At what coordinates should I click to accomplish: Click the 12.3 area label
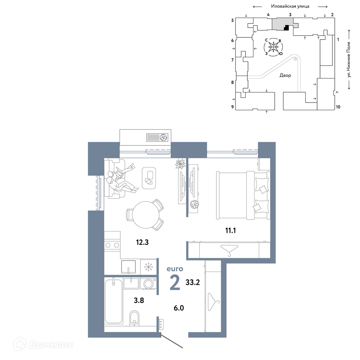point(142,242)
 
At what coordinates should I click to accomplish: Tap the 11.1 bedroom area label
point(230,230)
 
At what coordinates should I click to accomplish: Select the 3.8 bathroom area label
point(139,300)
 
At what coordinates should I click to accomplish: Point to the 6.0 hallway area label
point(179,308)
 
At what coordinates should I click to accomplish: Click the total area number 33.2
point(193,282)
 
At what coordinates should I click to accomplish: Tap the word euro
point(175,269)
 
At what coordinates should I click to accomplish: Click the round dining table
point(146,215)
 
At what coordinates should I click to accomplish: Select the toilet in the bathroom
point(134,318)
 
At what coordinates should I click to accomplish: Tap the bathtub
point(114,301)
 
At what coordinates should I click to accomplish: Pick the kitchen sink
point(129,267)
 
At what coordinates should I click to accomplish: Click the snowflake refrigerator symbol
point(149,267)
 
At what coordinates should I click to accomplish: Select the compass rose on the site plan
point(273,47)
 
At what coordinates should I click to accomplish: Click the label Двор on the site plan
point(285,75)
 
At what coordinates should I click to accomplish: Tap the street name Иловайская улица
point(290,6)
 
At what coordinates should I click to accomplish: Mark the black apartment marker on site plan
point(287,28)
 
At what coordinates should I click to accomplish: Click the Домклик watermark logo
point(43,344)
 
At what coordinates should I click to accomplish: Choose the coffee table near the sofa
point(149,178)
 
